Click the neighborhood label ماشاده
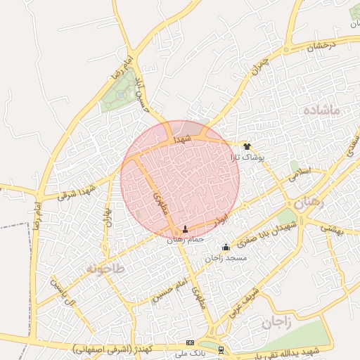(323, 110)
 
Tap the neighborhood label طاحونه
(105, 269)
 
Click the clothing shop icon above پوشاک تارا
(247, 146)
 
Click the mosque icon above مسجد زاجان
(226, 247)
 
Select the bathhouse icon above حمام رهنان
(186, 229)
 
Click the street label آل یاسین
(63, 291)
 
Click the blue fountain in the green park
(122, 94)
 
